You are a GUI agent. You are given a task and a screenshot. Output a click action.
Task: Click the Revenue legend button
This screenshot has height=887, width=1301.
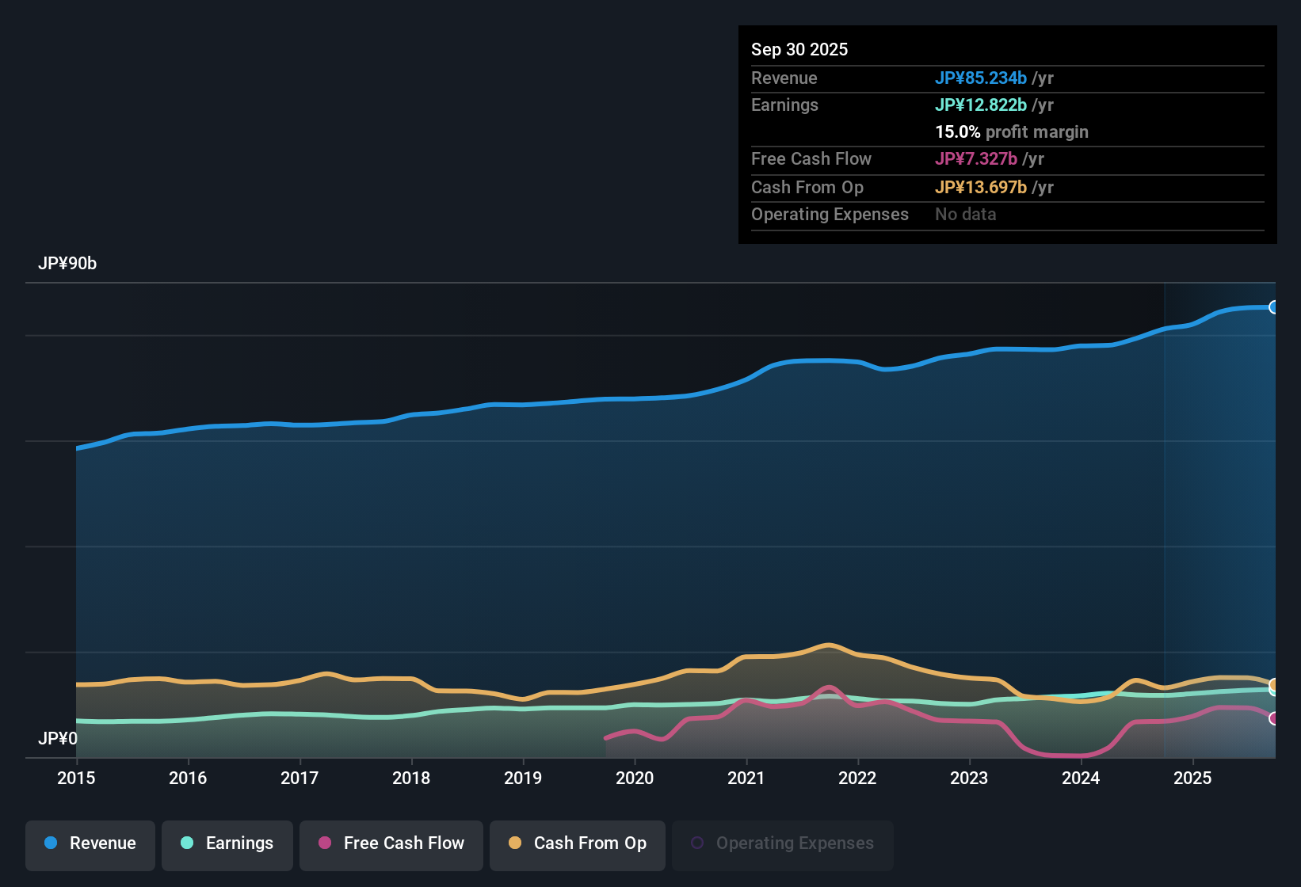point(90,844)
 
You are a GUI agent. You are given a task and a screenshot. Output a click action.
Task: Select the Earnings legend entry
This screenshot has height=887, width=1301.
point(227,844)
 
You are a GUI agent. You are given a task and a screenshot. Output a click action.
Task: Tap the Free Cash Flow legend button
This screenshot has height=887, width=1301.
point(391,844)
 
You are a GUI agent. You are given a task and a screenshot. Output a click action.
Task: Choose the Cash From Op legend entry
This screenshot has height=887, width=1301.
point(578,844)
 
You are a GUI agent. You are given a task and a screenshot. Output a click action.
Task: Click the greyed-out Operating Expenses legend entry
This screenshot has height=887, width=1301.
point(783,844)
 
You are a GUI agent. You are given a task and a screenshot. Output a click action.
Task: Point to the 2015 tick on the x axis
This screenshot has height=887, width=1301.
point(76,778)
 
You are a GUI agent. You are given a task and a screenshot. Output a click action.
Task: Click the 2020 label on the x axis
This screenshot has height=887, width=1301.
point(635,778)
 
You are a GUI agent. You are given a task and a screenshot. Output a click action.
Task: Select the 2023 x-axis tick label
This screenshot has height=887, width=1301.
point(969,778)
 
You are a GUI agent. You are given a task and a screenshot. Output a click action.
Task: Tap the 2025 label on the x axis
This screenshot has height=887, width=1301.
point(1192,778)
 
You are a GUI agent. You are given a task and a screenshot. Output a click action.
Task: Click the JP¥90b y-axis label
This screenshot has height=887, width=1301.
point(67,264)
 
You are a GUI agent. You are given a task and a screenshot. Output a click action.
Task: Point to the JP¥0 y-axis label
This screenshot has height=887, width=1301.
point(58,739)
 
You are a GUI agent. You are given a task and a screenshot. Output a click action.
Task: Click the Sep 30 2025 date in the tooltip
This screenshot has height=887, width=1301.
point(799,49)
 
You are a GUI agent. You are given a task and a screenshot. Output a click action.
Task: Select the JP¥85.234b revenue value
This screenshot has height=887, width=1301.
point(981,78)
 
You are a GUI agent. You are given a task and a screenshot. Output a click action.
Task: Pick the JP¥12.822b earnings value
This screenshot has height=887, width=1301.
point(981,105)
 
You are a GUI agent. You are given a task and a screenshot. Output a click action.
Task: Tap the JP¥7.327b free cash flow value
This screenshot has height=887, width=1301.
point(976,158)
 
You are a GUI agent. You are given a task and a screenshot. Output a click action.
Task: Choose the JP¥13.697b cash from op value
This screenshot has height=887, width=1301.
point(981,187)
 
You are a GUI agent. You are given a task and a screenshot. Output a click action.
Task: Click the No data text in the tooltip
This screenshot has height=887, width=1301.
point(966,214)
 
